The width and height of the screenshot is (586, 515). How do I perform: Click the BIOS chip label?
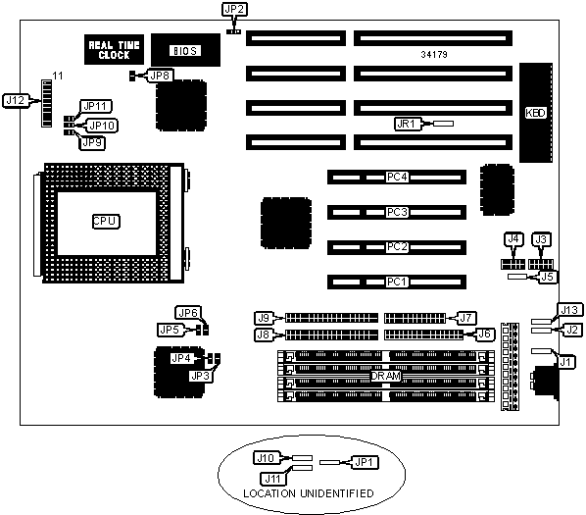tap(185, 50)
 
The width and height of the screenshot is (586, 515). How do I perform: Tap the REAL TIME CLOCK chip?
tap(114, 50)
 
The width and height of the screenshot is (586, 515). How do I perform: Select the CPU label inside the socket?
tap(106, 221)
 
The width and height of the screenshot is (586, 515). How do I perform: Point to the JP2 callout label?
tap(235, 10)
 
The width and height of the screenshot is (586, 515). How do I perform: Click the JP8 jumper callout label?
tap(161, 76)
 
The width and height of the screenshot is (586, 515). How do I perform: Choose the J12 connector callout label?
tap(16, 101)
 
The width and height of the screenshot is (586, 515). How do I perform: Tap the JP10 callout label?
tap(102, 126)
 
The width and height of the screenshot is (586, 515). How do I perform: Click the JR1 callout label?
tap(407, 124)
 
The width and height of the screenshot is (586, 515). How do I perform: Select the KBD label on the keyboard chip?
tap(536, 113)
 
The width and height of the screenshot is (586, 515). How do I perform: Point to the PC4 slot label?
tap(397, 177)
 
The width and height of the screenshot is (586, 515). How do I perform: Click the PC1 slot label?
tap(397, 282)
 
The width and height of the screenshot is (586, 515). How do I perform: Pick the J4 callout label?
tap(513, 239)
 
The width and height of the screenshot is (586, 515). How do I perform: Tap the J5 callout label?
tap(547, 277)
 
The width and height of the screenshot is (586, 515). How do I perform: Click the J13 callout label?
tap(569, 310)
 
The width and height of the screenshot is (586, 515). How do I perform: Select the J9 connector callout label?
tap(264, 318)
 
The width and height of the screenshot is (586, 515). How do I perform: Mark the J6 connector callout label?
tap(484, 334)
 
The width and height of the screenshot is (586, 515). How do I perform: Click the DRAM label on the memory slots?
tap(386, 376)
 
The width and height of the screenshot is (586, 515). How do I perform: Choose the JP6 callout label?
tap(188, 313)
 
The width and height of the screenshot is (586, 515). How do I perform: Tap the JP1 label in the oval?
tap(364, 463)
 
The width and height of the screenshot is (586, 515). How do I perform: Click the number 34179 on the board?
tap(434, 55)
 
